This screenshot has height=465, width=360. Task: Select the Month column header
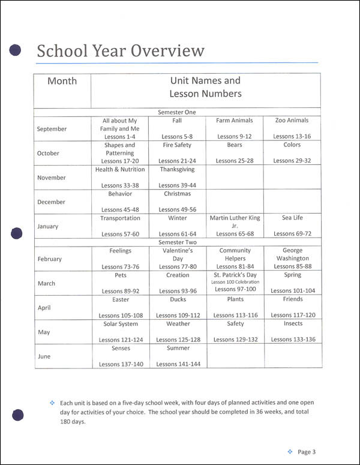click(x=62, y=81)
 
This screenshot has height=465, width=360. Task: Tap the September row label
click(x=52, y=129)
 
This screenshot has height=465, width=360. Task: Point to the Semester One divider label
click(x=176, y=112)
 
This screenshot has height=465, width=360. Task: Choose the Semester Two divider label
click(x=176, y=242)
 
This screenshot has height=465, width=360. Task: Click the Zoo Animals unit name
click(x=292, y=121)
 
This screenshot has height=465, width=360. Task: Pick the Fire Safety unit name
click(x=176, y=145)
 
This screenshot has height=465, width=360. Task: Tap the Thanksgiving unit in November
click(x=176, y=170)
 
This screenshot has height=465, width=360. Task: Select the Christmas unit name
click(x=177, y=194)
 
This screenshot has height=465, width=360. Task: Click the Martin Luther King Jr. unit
click(x=235, y=222)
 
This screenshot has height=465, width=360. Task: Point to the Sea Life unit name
click(x=292, y=218)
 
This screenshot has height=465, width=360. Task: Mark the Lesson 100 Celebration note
click(x=235, y=282)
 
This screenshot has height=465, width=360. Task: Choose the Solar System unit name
click(x=121, y=324)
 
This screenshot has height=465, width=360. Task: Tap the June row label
click(x=44, y=356)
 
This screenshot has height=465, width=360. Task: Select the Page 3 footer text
click(x=306, y=452)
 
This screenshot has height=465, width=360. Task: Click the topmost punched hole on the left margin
click(x=16, y=50)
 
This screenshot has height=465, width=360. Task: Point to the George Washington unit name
click(x=292, y=254)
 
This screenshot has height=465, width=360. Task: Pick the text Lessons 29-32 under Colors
click(x=292, y=161)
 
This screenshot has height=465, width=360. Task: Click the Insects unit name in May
click(x=293, y=324)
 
